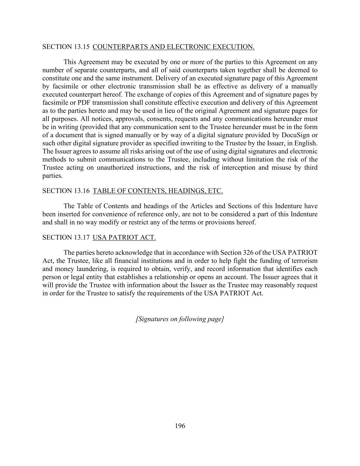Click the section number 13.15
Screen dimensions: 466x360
coord(81,47)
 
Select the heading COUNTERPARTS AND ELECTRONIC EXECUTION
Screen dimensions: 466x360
coord(173,47)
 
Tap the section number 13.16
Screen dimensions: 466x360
coord(81,191)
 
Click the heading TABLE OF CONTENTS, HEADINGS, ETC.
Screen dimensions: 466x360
coord(158,191)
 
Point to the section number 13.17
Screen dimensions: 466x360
coord(81,238)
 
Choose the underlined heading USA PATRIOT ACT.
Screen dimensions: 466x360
coord(124,238)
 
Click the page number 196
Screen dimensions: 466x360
coord(180,426)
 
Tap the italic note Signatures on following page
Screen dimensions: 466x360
coord(180,319)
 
